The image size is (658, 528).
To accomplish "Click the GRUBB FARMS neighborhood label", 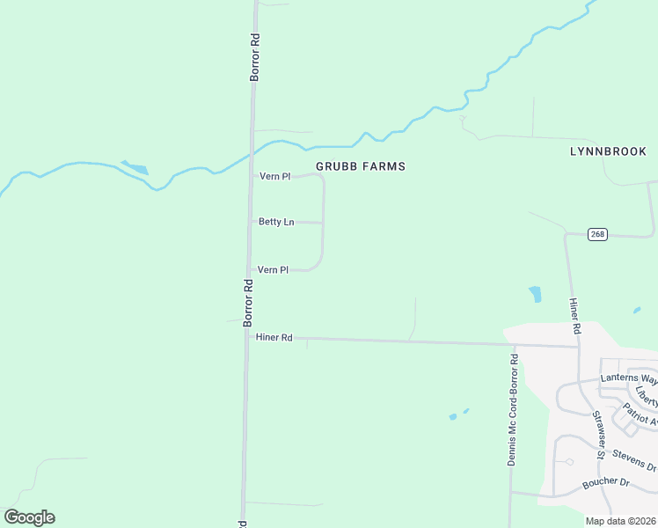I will pyautogui.click(x=361, y=166).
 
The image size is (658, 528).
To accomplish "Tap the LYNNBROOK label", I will pyautogui.click(x=608, y=151).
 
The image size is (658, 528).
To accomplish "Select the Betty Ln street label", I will pyautogui.click(x=276, y=223).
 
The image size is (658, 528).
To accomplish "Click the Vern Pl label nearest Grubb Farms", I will pyautogui.click(x=274, y=177).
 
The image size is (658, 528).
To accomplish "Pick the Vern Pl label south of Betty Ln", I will pyautogui.click(x=273, y=270).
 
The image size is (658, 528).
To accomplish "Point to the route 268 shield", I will pyautogui.click(x=598, y=234).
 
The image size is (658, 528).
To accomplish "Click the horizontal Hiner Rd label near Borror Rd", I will pyautogui.click(x=274, y=337).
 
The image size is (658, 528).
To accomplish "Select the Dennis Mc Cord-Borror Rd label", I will pyautogui.click(x=513, y=410).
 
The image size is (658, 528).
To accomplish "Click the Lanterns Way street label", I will pyautogui.click(x=628, y=378).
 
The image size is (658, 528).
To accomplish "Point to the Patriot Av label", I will pyautogui.click(x=640, y=414).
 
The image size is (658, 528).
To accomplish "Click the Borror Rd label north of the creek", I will pyautogui.click(x=254, y=58).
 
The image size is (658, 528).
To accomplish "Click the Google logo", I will pyautogui.click(x=29, y=517).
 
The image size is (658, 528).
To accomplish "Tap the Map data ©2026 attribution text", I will pyautogui.click(x=620, y=521).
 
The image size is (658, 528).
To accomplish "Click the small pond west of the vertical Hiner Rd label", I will pyautogui.click(x=535, y=294).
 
